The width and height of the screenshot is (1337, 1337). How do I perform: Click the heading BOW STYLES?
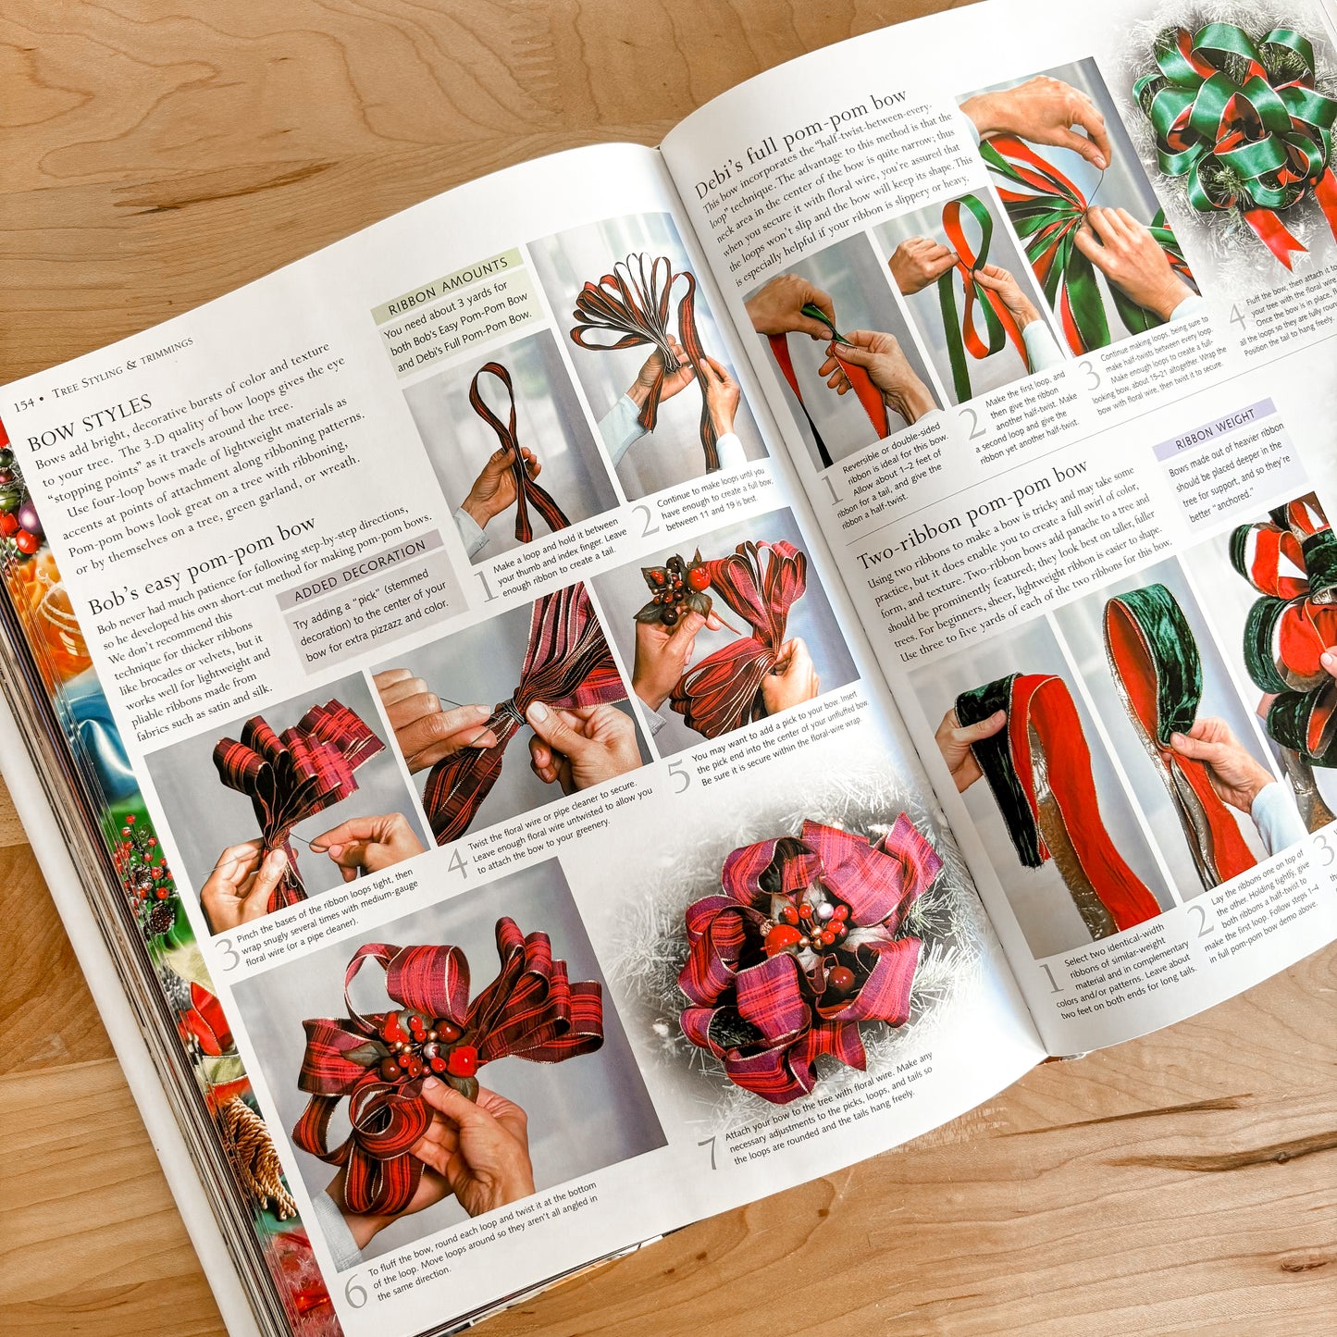90,422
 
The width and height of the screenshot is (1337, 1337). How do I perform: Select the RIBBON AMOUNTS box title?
448,286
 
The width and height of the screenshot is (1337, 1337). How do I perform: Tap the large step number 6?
356,1290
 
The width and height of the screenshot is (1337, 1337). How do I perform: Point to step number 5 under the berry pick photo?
680,777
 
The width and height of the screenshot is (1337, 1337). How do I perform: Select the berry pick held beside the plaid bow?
675,587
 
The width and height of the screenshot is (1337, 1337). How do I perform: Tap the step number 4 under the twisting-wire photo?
457,862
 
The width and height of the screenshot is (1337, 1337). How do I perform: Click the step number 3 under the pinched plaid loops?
228,953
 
